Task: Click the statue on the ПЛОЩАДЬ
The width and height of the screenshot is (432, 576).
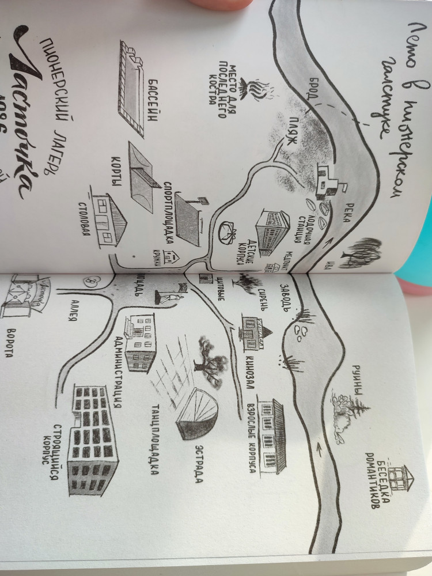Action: [172, 297]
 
